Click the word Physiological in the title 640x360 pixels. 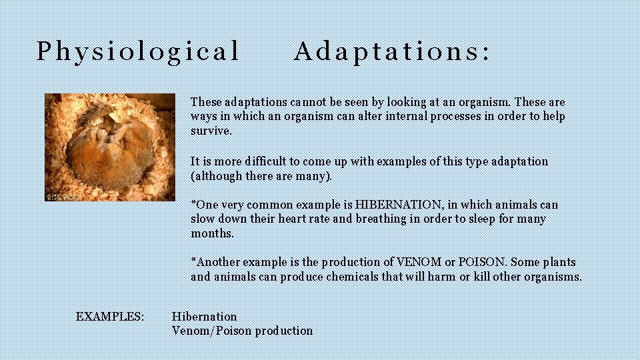click(x=137, y=51)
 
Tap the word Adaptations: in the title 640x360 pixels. click(x=392, y=51)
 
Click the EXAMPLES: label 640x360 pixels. click(x=110, y=316)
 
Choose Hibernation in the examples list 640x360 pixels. click(x=204, y=316)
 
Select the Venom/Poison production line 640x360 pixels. click(x=242, y=331)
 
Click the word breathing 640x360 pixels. click(x=380, y=219)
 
